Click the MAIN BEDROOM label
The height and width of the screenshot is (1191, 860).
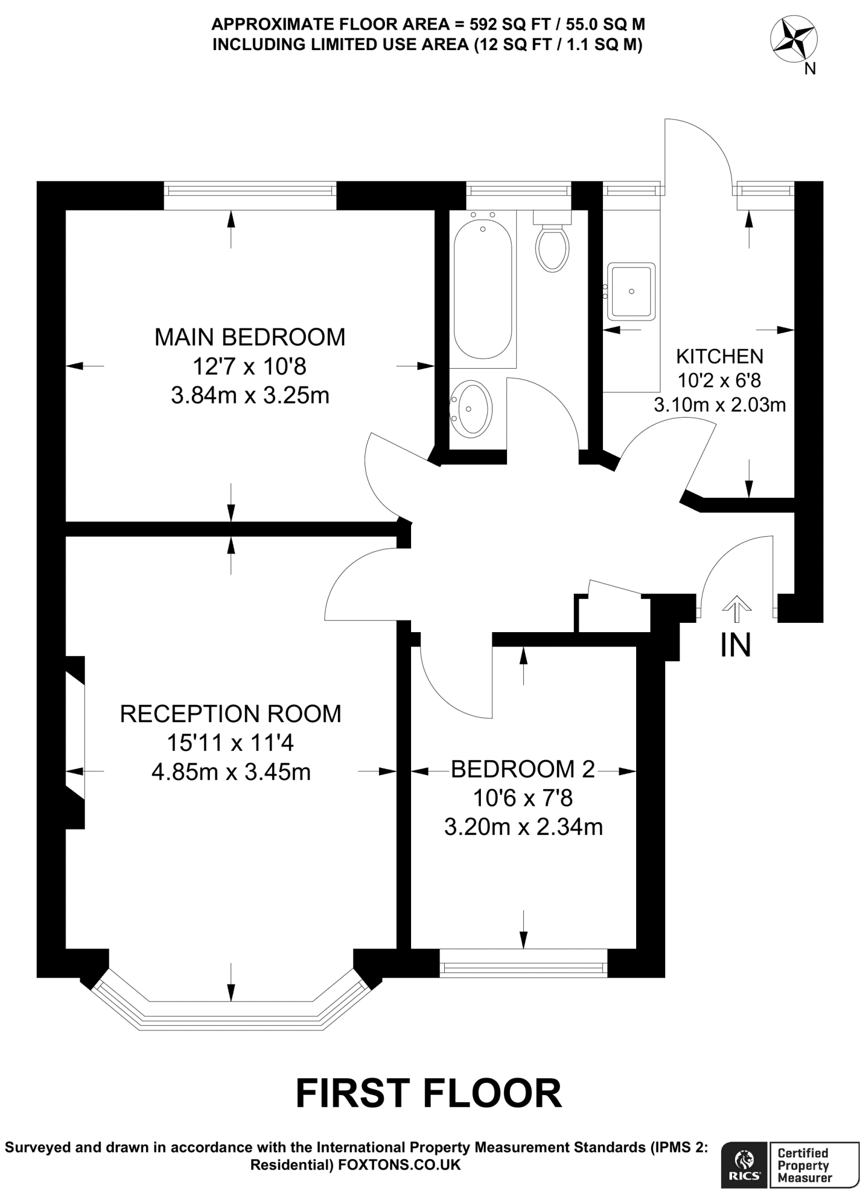coord(249,337)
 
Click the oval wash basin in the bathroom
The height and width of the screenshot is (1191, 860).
coord(471,409)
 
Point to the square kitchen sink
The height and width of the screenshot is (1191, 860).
coord(631,291)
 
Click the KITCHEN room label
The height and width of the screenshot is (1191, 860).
coord(720,356)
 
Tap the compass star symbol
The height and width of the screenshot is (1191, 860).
coord(794,41)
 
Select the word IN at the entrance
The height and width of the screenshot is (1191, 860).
coord(736,645)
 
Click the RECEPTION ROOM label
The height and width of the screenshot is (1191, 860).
coord(230,714)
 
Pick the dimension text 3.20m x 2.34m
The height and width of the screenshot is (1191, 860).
coord(523,827)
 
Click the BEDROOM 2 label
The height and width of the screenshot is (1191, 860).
coord(523,769)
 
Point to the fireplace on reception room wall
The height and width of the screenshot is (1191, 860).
coord(76,742)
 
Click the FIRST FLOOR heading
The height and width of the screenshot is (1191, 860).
coord(429,1094)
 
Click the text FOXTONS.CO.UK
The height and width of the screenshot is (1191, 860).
coord(399,1164)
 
